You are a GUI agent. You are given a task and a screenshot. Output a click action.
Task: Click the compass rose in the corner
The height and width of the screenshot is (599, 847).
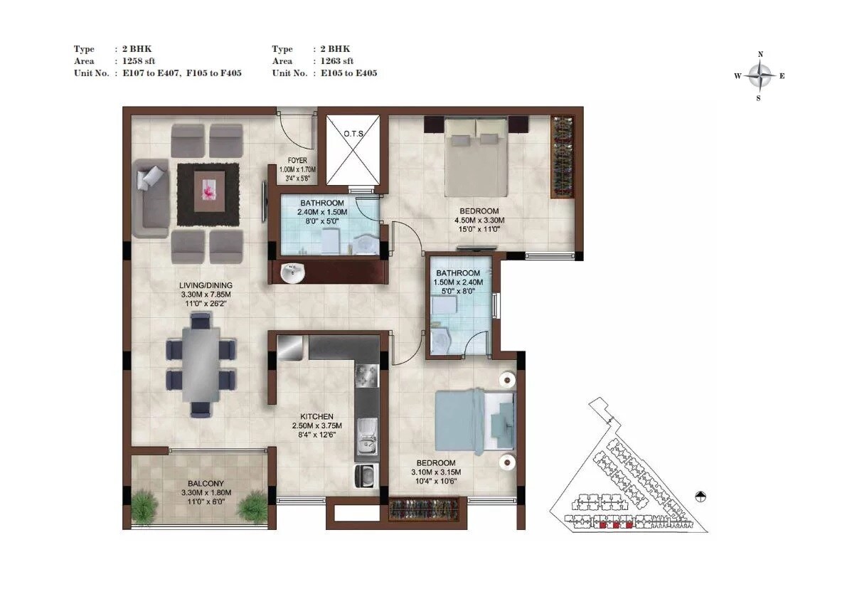pos(761,75)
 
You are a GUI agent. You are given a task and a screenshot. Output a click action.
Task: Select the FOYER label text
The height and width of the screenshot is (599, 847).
pos(297,160)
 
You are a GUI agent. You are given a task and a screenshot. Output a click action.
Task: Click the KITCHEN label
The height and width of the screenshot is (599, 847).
pos(316,417)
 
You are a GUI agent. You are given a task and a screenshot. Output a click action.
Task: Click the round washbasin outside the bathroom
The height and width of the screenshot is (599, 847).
pos(292,272)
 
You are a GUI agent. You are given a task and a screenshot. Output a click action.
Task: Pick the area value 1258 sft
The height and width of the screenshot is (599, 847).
pos(135,61)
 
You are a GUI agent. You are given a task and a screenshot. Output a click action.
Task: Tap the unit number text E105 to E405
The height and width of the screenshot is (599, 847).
pos(348,73)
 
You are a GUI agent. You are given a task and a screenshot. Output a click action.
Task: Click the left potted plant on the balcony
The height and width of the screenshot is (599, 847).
pos(145,507)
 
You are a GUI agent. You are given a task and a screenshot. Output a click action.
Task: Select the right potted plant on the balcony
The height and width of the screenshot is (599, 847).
pos(252,508)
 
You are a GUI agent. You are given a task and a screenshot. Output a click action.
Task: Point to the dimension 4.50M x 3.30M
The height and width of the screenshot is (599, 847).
pos(479,221)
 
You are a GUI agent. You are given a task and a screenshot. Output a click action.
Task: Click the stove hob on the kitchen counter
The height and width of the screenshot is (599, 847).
pos(367,375)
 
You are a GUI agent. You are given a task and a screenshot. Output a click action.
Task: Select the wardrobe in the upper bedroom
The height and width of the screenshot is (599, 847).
pos(563,156)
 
